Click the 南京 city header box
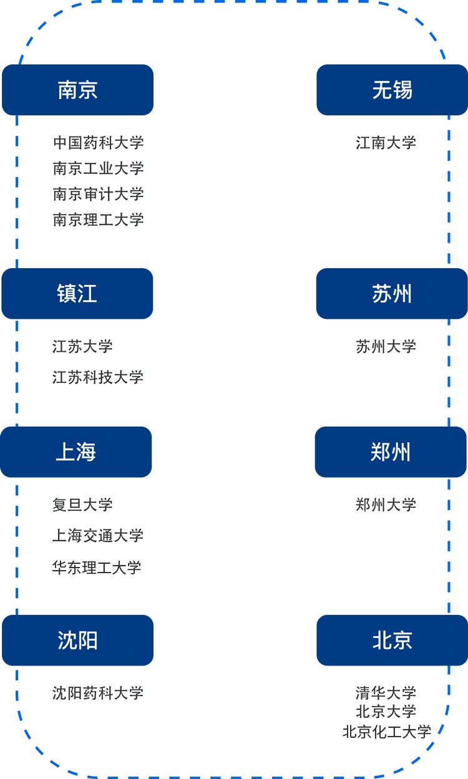click(77, 90)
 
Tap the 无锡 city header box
click(392, 90)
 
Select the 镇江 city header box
click(77, 294)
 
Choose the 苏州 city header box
click(392, 294)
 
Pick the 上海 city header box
click(76, 452)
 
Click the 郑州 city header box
click(391, 452)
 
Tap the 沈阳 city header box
click(77, 641)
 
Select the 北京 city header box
click(392, 641)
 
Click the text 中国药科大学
click(99, 143)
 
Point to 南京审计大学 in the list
click(99, 194)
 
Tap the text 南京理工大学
click(99, 220)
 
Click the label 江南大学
click(386, 143)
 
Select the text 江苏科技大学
click(98, 377)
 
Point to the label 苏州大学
click(386, 346)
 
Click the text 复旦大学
click(82, 505)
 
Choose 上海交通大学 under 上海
click(98, 535)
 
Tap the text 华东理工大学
click(97, 568)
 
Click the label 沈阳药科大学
click(98, 693)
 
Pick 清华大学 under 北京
click(386, 693)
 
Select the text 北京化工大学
click(387, 732)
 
